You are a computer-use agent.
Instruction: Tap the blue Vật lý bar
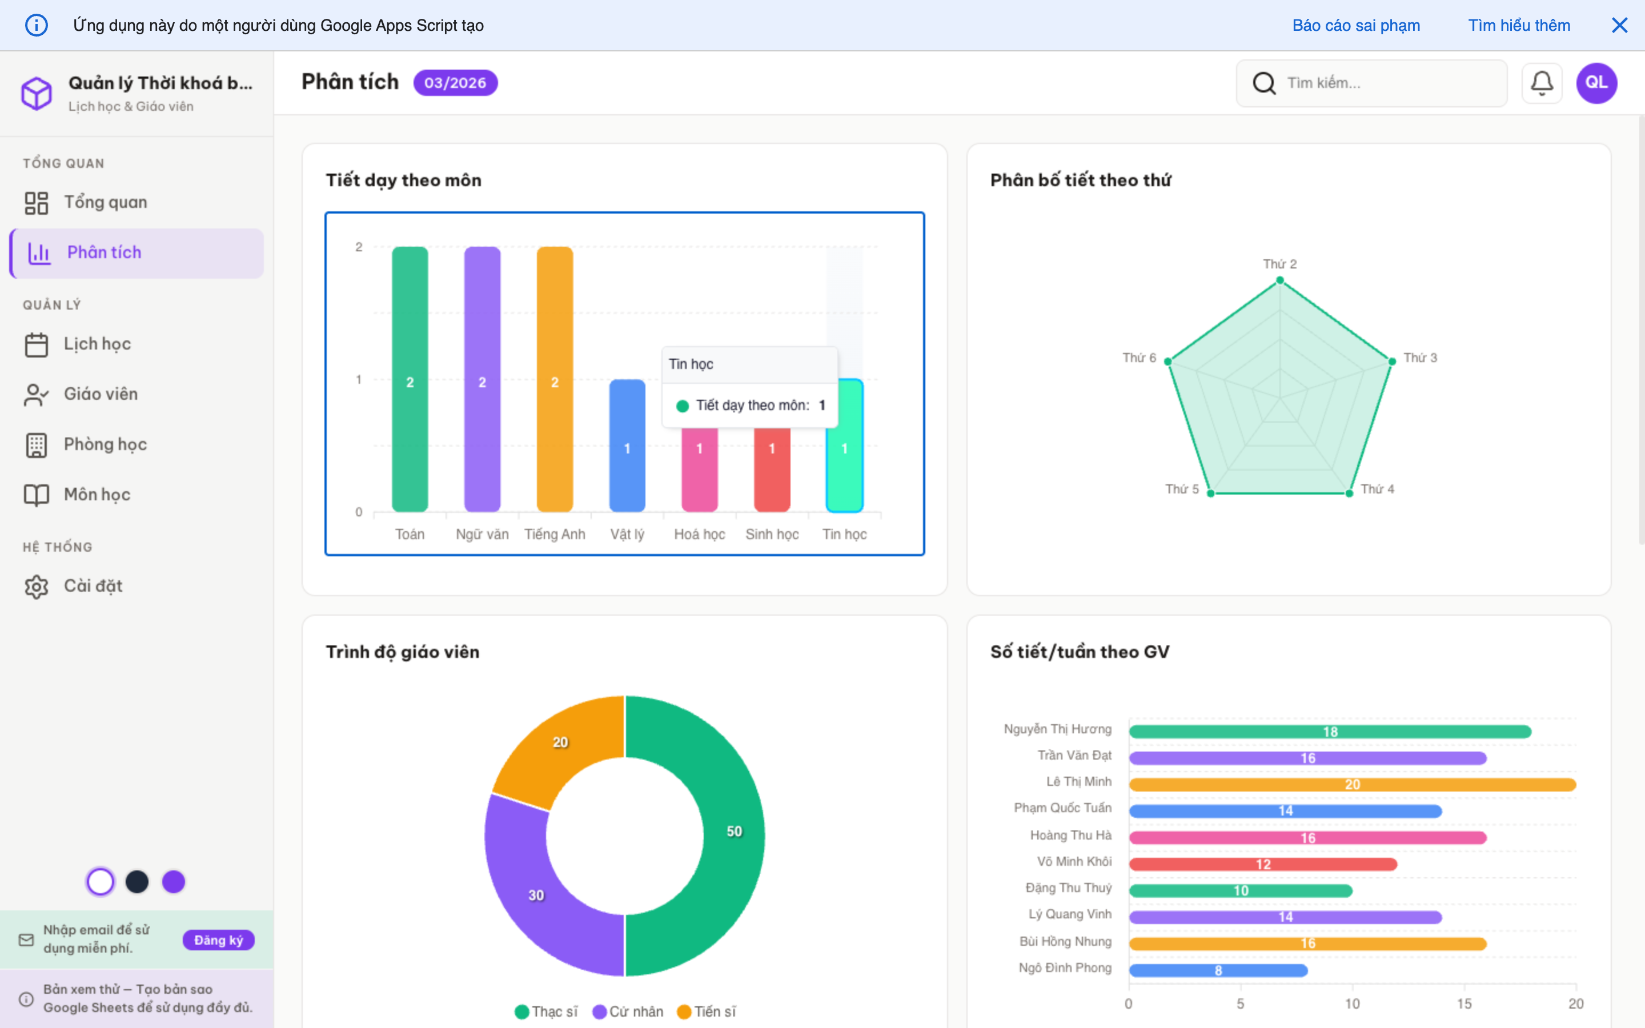(627, 463)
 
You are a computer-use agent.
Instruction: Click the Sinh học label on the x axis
(772, 535)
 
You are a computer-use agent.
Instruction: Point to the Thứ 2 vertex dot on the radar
(1280, 280)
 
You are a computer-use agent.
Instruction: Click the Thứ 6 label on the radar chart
(1138, 358)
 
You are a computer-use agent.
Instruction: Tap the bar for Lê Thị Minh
(1352, 785)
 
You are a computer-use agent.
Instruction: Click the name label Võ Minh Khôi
(1074, 861)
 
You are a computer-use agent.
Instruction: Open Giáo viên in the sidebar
(101, 393)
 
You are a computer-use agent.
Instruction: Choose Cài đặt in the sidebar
(93, 585)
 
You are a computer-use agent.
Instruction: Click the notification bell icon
(1542, 83)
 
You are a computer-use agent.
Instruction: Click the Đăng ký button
(218, 939)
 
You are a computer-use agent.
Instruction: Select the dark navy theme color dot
(137, 882)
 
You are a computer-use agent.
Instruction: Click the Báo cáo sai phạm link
(1355, 25)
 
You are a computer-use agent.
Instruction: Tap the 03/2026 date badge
(455, 83)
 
